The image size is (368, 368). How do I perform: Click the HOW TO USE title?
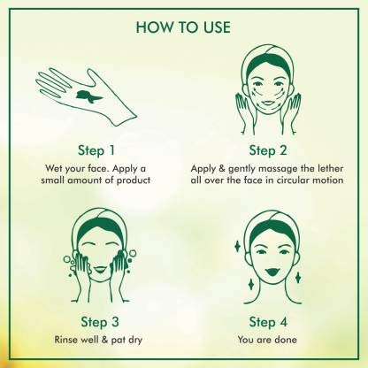point(183,27)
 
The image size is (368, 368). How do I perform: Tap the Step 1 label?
point(96,150)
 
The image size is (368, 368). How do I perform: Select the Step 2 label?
point(268,150)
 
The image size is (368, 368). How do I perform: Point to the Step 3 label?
point(100,322)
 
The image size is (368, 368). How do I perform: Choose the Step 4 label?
point(268,322)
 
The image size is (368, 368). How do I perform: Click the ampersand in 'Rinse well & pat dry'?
point(104,340)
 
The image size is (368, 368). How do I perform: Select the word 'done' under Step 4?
point(285,340)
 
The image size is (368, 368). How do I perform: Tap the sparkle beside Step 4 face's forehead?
point(237,246)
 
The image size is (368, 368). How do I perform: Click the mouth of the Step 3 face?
point(100,269)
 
